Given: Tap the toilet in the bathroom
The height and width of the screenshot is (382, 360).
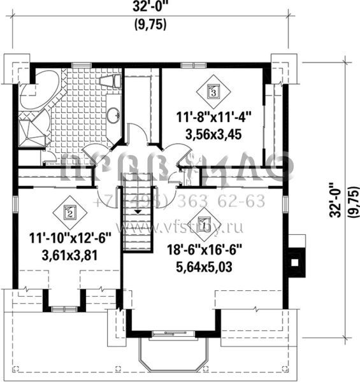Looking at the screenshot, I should tap(111, 80).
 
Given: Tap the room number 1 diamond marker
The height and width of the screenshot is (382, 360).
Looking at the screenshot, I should tap(203, 224).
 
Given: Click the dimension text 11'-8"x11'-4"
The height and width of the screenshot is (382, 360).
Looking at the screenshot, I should tap(214, 117).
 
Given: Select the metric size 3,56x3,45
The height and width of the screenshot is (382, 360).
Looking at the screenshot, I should tap(214, 134).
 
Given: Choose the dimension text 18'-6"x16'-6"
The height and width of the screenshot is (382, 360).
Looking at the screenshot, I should tap(203, 251).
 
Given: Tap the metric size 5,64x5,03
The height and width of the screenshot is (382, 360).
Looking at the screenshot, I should tap(203, 267).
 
